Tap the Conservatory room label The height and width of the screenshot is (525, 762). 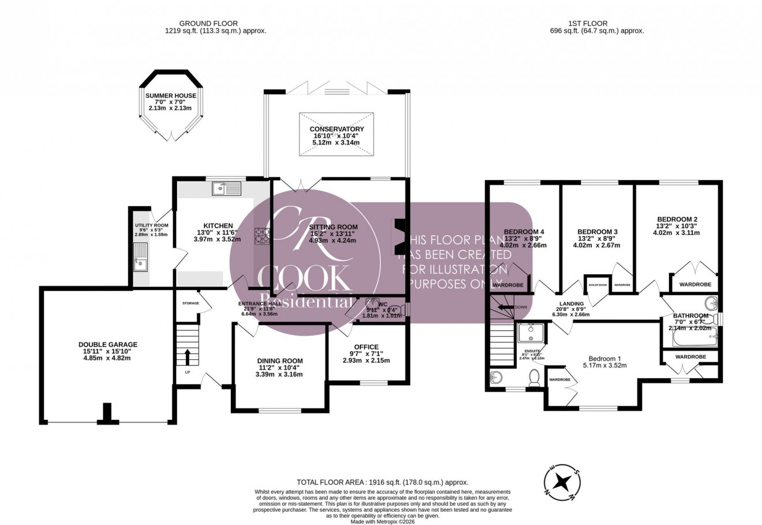coord(337,129)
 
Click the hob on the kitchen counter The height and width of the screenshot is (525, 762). coord(263,236)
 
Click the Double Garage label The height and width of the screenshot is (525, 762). coord(108,345)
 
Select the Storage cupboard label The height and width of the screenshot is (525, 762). coord(190,303)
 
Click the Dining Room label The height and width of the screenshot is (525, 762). coord(280,361)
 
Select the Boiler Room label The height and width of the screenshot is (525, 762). coord(597,285)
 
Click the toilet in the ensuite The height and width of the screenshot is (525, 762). coord(535,378)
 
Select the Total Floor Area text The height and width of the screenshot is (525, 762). coord(382,482)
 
